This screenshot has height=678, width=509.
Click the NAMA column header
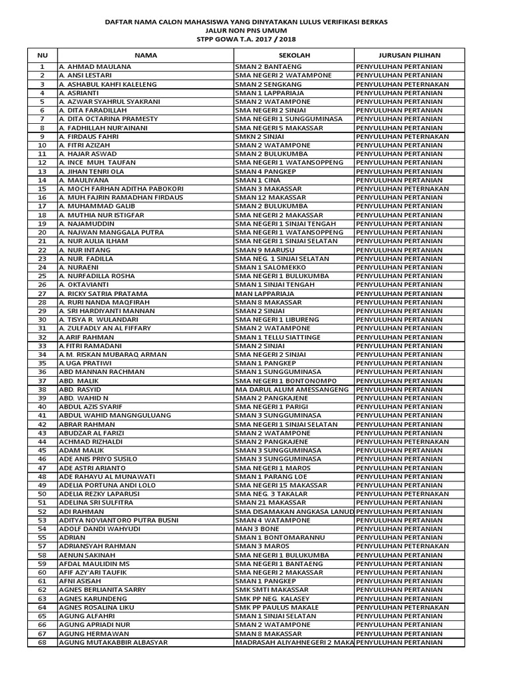pyautogui.click(x=145, y=56)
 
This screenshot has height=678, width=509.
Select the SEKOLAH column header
pyautogui.click(x=294, y=56)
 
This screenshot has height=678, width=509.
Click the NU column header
pyautogui.click(x=42, y=56)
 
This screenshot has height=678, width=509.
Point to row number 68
pyautogui.click(x=42, y=642)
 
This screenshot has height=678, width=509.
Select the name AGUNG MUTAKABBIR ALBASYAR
pyautogui.click(x=113, y=642)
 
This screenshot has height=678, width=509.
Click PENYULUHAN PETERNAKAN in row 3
pyautogui.click(x=402, y=84)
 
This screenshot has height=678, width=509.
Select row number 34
pyautogui.click(x=42, y=354)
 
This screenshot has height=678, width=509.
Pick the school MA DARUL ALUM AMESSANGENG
pyautogui.click(x=292, y=389)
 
